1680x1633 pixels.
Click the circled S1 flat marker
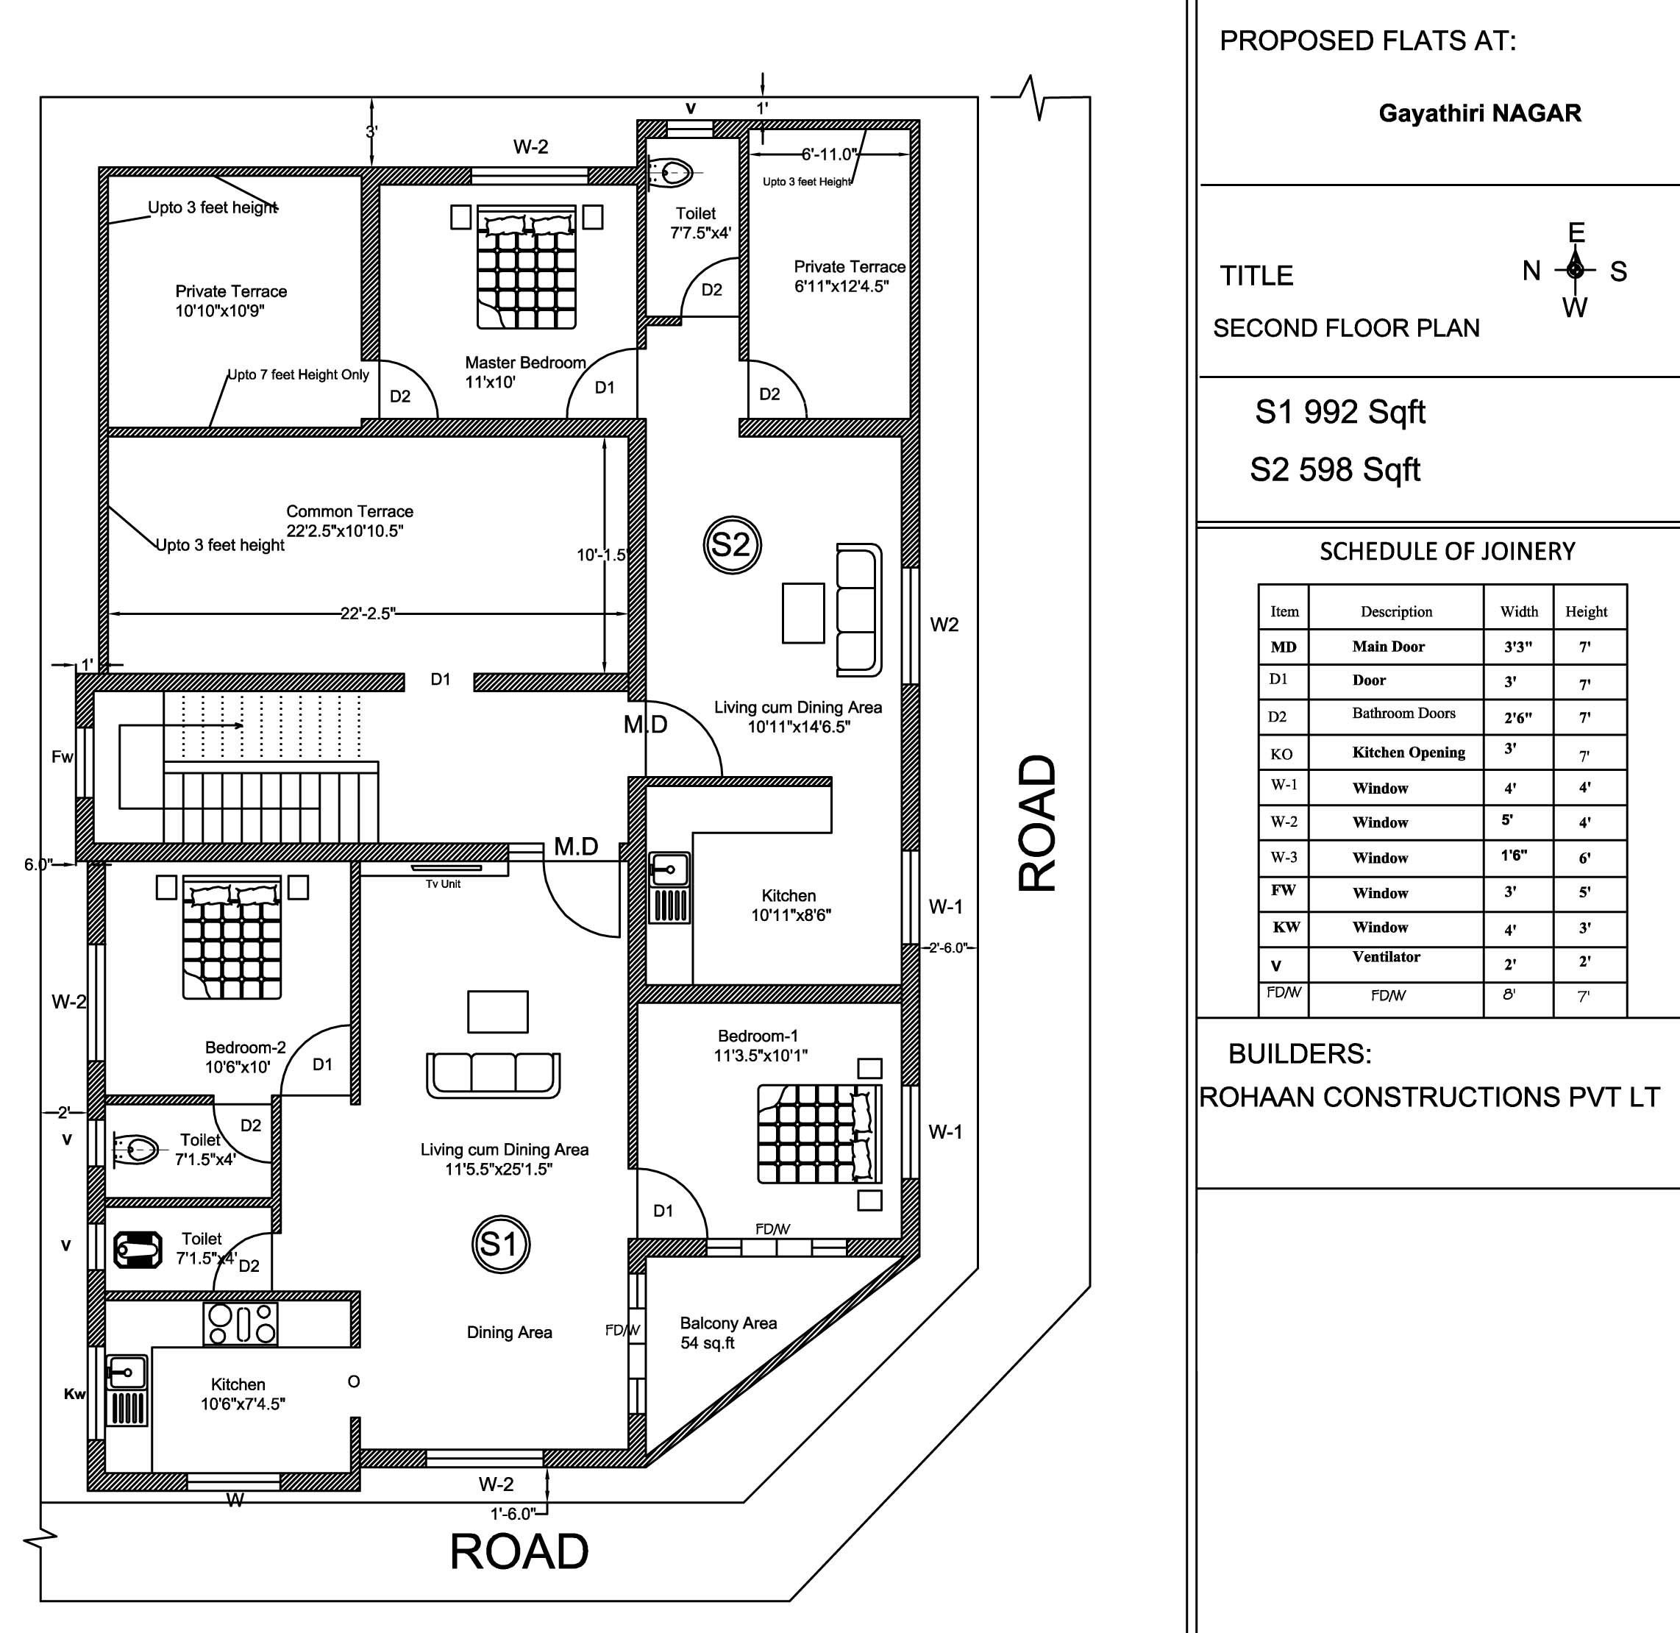coord(501,1244)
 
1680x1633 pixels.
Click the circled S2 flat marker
coord(732,544)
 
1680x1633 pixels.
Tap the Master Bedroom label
coord(525,363)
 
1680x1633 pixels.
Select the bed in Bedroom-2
coord(232,936)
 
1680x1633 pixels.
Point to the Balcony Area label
coord(728,1323)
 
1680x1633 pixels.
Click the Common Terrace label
coord(349,511)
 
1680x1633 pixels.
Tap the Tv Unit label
coord(444,884)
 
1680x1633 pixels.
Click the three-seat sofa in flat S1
coord(493,1075)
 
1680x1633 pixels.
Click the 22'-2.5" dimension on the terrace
coord(367,613)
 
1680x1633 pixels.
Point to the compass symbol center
coord(1575,269)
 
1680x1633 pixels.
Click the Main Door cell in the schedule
coord(1389,647)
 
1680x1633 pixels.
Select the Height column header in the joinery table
coord(1586,611)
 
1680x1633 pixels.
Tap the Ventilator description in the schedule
coord(1386,957)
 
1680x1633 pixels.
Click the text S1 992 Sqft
coord(1339,413)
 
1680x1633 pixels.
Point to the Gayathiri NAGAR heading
coord(1479,113)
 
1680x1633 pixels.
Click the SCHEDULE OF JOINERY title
coord(1447,552)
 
